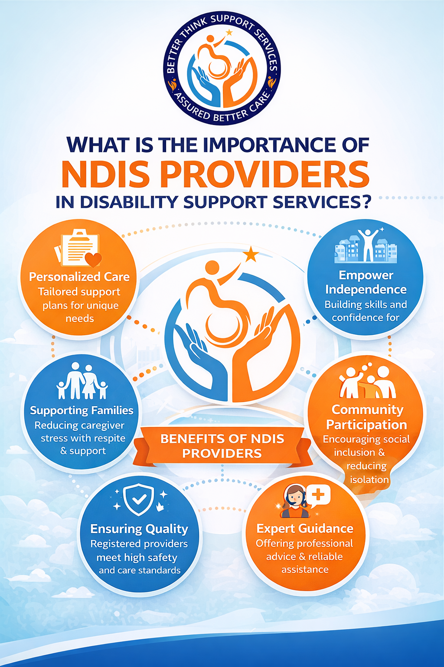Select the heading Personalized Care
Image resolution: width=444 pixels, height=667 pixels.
tap(79, 277)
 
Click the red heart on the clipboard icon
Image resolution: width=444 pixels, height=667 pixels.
tap(93, 259)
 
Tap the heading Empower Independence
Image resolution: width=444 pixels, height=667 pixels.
tap(366, 282)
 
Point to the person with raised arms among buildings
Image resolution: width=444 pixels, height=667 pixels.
tap(368, 245)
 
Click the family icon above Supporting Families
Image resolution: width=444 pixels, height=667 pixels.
tap(82, 380)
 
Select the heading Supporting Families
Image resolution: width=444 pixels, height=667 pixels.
tap(82, 411)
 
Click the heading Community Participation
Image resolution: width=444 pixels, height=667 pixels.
tap(367, 417)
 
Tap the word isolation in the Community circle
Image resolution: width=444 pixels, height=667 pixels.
tap(369, 479)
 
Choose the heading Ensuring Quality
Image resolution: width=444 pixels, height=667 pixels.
tap(139, 529)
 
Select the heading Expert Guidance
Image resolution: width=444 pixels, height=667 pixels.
tap(305, 528)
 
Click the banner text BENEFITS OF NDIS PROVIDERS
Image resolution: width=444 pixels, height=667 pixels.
tap(222, 446)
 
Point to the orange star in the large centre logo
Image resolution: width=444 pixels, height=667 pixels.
tap(251, 254)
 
